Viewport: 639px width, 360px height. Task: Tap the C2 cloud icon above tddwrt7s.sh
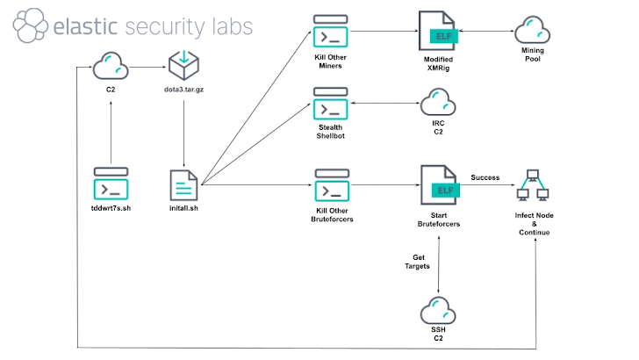tap(111, 65)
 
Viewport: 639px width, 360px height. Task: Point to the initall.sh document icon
tap(184, 185)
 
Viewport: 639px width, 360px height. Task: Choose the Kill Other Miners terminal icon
tap(333, 36)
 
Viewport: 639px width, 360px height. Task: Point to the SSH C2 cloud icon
tap(437, 312)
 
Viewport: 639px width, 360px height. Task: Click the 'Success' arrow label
tap(485, 177)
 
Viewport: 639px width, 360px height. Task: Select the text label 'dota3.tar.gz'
tap(184, 91)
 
